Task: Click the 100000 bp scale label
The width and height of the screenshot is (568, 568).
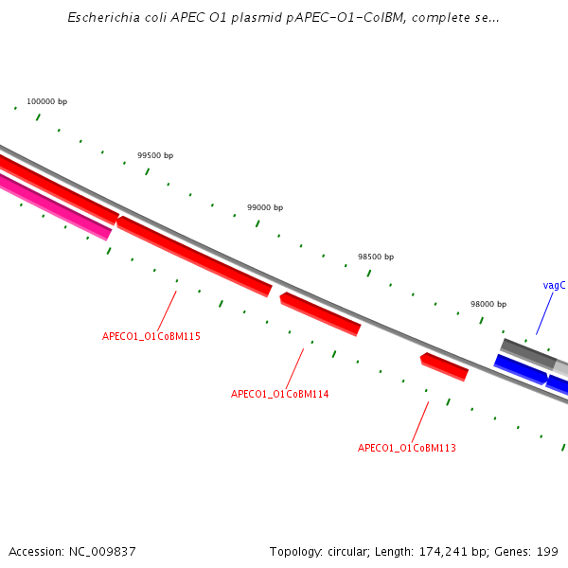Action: click(x=46, y=101)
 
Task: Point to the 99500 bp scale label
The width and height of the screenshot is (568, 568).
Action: click(x=155, y=155)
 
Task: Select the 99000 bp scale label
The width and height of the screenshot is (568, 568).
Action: click(x=265, y=207)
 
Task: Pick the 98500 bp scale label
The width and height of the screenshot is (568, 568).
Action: click(x=376, y=257)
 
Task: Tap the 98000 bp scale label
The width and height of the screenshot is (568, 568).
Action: click(x=488, y=304)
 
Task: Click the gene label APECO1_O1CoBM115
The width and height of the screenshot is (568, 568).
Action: click(x=151, y=336)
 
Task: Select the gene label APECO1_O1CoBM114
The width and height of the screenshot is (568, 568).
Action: click(x=280, y=394)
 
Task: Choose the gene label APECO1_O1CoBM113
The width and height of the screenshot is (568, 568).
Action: click(x=407, y=448)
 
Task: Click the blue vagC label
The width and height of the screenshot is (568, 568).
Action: click(x=555, y=285)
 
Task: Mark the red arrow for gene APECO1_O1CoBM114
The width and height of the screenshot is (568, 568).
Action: click(x=320, y=313)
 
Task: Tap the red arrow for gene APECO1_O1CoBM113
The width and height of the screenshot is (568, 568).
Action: click(x=444, y=366)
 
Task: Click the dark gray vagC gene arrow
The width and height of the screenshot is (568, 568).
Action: click(x=527, y=353)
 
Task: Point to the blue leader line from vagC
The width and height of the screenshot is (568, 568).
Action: click(x=544, y=313)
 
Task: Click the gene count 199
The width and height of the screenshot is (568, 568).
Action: click(x=548, y=551)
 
